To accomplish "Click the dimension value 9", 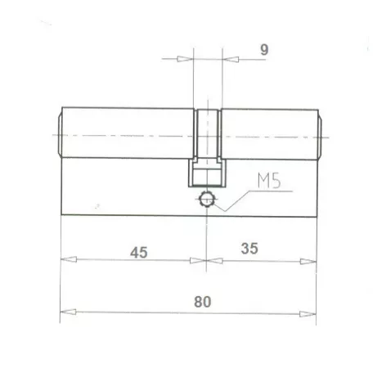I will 263,49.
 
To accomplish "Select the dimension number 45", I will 138,252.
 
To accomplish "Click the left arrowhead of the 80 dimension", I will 69,311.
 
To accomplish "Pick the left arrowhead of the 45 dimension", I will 69,261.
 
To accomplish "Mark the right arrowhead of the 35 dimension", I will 308,261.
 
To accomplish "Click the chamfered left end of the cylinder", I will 59,134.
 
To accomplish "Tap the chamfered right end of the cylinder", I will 320,134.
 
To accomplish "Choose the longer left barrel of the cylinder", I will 127,134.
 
